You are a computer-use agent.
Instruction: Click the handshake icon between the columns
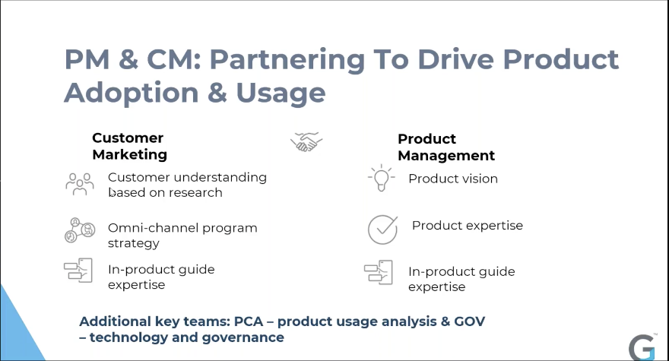tap(306, 141)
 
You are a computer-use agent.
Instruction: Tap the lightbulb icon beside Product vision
tap(382, 178)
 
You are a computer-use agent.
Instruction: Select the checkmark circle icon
tap(382, 230)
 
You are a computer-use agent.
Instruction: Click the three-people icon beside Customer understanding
tap(80, 185)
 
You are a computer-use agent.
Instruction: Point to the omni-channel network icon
tap(80, 230)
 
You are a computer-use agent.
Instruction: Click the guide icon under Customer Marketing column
tap(78, 270)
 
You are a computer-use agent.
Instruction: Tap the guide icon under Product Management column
tap(378, 272)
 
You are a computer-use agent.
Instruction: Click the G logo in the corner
tap(642, 347)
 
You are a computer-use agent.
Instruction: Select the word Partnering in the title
tap(287, 59)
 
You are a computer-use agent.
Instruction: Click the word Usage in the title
tap(281, 93)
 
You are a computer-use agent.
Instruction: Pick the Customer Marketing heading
tap(129, 146)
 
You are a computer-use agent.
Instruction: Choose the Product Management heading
tap(446, 147)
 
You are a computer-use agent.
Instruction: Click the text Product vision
tap(452, 179)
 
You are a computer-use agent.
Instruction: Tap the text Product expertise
tap(468, 225)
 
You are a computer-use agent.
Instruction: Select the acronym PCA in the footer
tap(249, 321)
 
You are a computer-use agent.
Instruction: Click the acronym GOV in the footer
tap(469, 321)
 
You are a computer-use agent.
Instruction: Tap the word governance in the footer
tap(243, 337)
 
